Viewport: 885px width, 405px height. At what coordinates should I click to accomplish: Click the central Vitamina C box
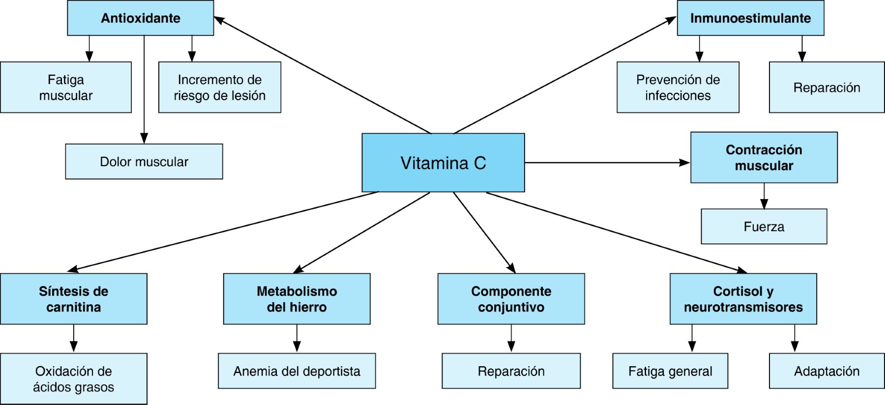[443, 163]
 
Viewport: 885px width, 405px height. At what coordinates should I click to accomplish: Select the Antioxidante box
[141, 18]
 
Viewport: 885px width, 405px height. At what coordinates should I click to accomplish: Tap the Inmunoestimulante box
[750, 18]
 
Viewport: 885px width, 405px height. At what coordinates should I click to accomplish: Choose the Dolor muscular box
[144, 162]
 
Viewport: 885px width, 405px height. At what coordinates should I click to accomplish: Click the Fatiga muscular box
[66, 87]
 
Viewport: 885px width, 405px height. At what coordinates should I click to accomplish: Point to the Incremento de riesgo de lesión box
[220, 87]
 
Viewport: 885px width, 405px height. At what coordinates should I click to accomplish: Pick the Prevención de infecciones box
[678, 87]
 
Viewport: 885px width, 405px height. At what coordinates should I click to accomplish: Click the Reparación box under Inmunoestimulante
[826, 87]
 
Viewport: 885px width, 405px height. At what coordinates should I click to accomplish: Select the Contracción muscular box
[764, 157]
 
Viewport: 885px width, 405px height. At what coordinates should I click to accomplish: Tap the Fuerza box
[764, 227]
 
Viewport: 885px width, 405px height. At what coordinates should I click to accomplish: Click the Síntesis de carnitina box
[74, 299]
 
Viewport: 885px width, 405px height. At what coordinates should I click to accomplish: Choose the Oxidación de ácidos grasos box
[74, 378]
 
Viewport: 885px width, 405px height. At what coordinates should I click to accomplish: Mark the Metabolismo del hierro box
[296, 299]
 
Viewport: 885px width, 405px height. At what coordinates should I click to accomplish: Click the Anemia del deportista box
[296, 371]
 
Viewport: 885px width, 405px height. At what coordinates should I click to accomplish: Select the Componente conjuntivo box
[511, 299]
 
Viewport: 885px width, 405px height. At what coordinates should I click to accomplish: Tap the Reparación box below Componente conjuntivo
[511, 371]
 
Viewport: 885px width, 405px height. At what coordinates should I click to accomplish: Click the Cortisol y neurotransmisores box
[743, 299]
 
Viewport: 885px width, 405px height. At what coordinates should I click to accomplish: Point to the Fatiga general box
[670, 371]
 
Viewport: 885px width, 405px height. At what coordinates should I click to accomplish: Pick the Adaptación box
[826, 371]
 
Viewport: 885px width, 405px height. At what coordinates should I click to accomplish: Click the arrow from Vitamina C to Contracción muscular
[607, 163]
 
